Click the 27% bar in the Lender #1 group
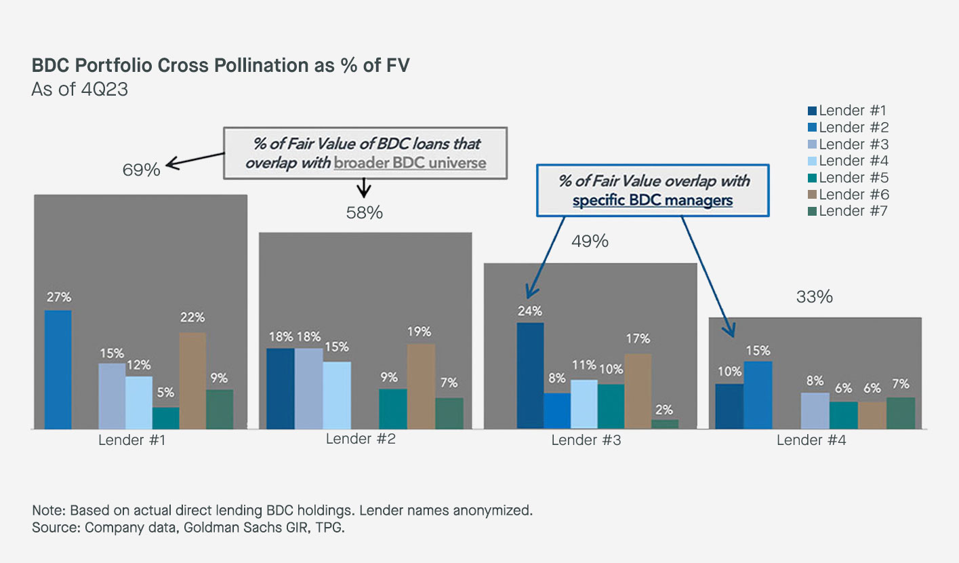point(58,370)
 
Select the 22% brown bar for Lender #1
point(192,381)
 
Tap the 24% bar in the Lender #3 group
point(530,376)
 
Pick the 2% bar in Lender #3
point(665,424)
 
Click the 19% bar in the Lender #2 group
point(421,386)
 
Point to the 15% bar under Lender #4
point(758,395)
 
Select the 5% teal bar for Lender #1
point(165,418)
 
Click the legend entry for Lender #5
point(848,178)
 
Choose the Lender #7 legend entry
point(848,211)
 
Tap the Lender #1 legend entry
point(848,111)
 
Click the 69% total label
point(141,170)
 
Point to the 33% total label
point(814,297)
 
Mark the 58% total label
point(365,213)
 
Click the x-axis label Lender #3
point(586,440)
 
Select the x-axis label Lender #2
point(361,438)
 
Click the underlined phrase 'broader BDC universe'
point(410,163)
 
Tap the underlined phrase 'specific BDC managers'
point(653,200)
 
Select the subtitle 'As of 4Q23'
point(80,90)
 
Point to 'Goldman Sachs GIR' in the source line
point(224,527)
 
